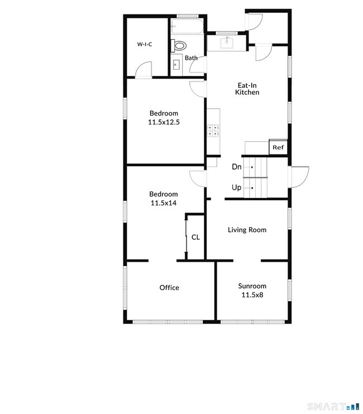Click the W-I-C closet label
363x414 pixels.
(146, 44)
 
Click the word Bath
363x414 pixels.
(192, 58)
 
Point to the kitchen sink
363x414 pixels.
(227, 42)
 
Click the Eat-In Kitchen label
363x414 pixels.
(247, 89)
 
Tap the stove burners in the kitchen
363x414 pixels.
(213, 131)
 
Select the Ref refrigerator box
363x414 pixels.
(278, 147)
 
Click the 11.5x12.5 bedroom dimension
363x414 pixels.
(163, 122)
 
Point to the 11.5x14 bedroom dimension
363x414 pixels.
(163, 203)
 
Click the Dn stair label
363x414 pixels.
(237, 167)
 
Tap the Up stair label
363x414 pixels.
(237, 187)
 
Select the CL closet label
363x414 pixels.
(195, 237)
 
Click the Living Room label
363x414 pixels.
(247, 230)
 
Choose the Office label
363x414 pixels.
(169, 288)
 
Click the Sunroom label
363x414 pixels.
(252, 286)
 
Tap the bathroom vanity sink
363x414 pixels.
(176, 65)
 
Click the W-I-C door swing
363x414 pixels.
(143, 70)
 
